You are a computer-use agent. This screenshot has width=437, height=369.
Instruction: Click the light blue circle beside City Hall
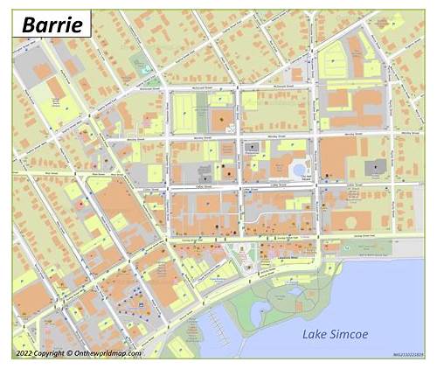pos(299,168)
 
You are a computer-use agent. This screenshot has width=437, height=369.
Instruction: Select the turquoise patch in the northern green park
pos(143,71)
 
